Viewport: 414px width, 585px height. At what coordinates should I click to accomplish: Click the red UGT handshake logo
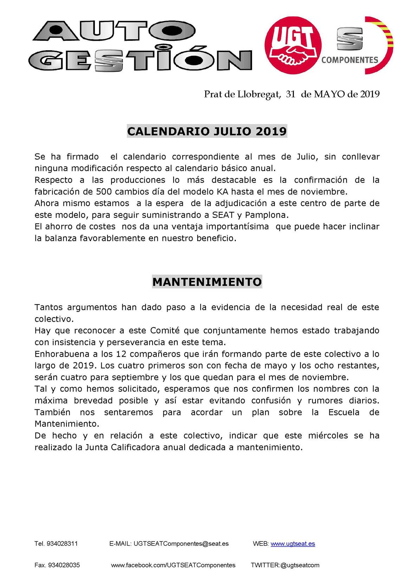(x=293, y=45)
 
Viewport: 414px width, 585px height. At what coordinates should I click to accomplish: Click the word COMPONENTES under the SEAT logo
(x=349, y=60)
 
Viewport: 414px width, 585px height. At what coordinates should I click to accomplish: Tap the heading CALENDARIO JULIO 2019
(x=207, y=131)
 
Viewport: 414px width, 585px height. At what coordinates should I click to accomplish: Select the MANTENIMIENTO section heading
(x=207, y=282)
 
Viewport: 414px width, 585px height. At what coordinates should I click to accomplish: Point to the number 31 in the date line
(x=290, y=94)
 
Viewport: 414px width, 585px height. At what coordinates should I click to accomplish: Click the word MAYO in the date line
(x=329, y=94)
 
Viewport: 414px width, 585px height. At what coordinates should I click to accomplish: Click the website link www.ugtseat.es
(x=292, y=544)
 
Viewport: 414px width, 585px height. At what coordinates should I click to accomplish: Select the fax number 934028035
(x=64, y=565)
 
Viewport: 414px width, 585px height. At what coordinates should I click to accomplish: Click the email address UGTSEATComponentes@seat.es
(x=180, y=544)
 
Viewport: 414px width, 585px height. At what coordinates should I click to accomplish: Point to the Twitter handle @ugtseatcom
(x=300, y=565)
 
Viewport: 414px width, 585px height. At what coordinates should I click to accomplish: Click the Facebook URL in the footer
(x=173, y=565)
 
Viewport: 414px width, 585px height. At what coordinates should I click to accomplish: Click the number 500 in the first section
(x=103, y=192)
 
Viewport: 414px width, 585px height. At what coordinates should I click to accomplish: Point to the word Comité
(x=165, y=330)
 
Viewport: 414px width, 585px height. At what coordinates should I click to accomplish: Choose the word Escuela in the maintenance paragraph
(x=344, y=412)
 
